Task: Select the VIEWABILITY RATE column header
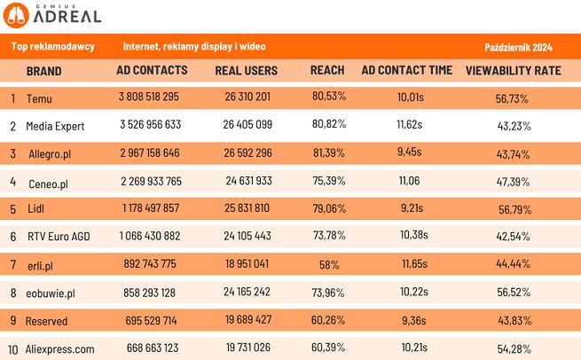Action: [513, 70]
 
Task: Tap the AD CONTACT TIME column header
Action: [407, 70]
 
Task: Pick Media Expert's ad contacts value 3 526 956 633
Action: [150, 126]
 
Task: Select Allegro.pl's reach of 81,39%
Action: [327, 153]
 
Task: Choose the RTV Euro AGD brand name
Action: [59, 237]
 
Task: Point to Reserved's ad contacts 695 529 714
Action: [150, 320]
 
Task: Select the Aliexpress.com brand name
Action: [60, 348]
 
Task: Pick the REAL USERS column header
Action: [247, 70]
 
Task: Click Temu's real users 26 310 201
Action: [247, 98]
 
